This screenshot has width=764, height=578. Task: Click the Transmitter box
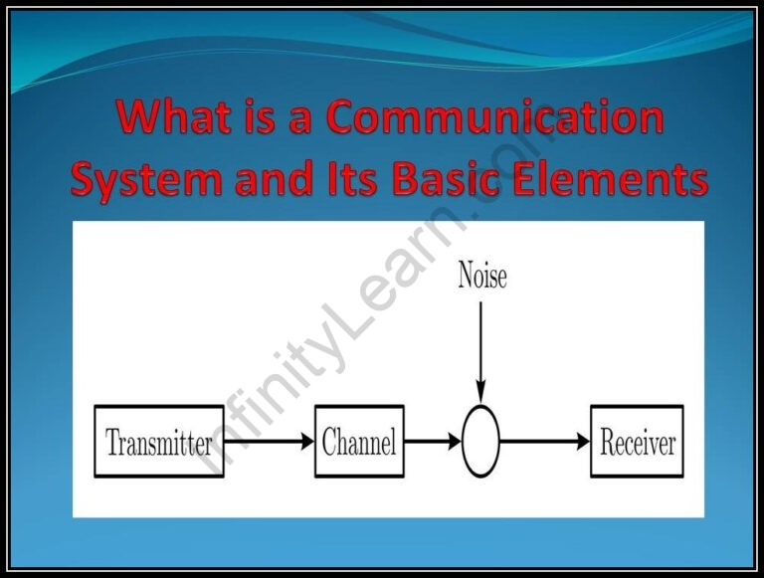pos(159,442)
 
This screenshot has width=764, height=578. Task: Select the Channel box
pos(359,442)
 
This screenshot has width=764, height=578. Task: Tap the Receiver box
pos(637,442)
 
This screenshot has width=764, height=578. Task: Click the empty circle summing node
pos(480,442)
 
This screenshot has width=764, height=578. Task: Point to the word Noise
pos(481,276)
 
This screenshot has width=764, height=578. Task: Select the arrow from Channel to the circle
pos(433,442)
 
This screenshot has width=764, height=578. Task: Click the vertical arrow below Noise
pos(480,348)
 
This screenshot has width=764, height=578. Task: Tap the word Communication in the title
pos(495,118)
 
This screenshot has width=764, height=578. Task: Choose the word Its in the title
pos(355,180)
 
